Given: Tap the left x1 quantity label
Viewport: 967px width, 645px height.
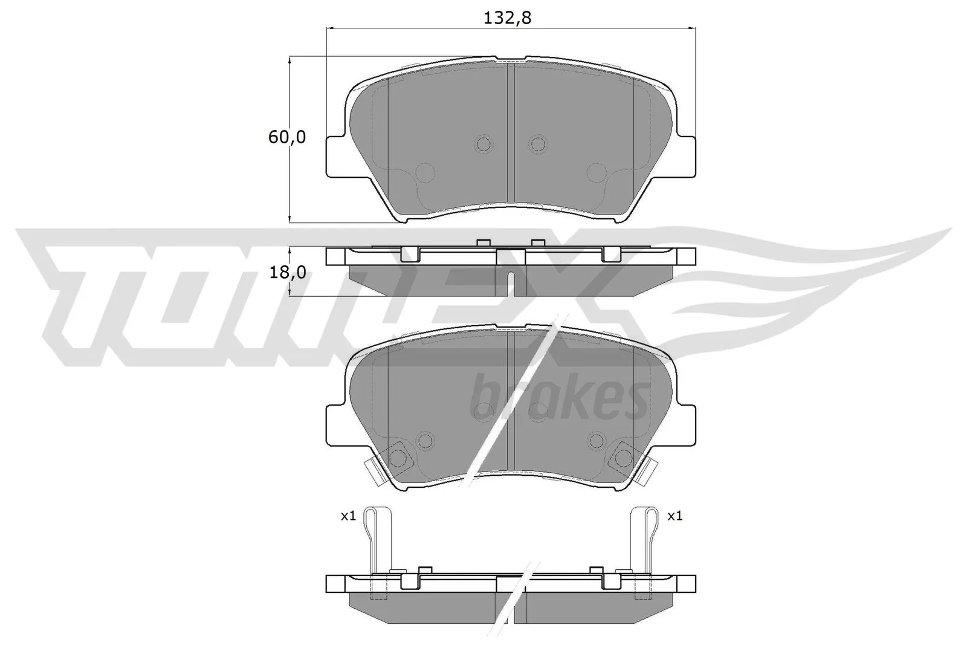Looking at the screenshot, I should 348,516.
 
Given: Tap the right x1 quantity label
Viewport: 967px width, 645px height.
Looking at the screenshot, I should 674,516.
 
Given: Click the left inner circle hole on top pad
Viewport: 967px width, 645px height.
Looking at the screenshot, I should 484,144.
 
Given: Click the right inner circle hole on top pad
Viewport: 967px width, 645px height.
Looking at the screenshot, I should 537,144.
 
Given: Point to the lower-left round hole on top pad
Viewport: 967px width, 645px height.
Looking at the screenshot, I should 425,173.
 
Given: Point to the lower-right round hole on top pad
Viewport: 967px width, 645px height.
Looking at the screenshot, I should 596,173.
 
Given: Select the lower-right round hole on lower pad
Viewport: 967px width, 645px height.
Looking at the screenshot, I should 596,440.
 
